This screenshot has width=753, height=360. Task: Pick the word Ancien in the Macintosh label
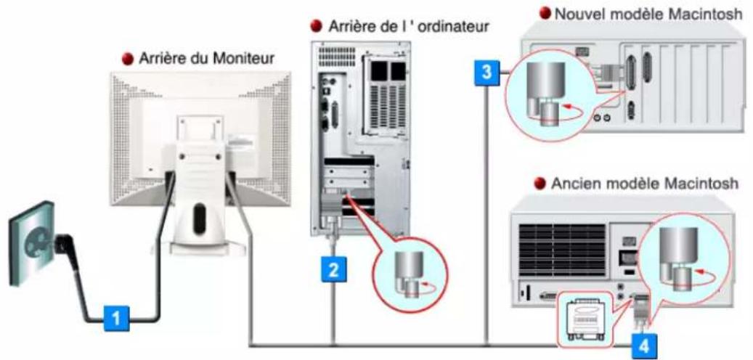pyautogui.click(x=577, y=184)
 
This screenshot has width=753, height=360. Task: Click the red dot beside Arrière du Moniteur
pyautogui.click(x=126, y=59)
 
